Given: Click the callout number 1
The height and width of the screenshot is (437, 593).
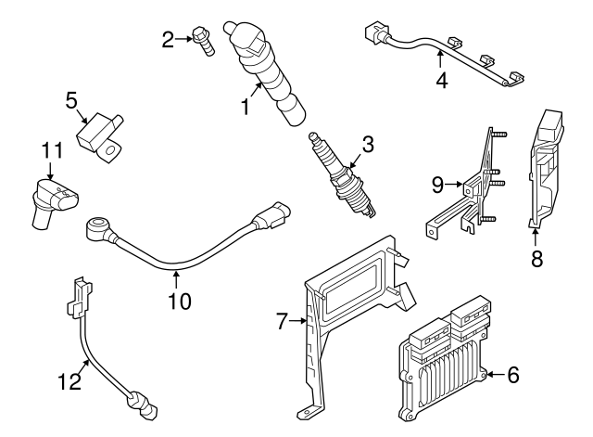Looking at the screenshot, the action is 246,107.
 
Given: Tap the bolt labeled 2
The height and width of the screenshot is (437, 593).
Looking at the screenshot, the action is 204,41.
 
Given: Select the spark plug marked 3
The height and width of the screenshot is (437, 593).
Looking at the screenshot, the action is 343,176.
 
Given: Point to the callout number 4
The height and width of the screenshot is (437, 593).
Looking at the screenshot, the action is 441,81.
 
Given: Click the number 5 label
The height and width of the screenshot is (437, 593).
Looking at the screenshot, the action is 71,101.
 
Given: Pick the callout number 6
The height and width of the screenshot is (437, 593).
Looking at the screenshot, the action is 512,375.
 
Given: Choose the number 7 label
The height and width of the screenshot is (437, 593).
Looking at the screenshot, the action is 282,321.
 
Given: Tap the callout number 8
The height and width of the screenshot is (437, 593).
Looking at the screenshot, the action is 536,259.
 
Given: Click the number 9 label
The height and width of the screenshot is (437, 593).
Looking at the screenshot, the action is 437,186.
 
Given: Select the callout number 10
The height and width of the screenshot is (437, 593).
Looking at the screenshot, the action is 180,301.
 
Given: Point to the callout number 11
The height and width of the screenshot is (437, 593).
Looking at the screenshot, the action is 52,150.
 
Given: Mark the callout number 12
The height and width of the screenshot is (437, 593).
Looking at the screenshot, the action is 70,381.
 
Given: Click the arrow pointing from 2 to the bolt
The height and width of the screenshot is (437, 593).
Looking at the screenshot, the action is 183,39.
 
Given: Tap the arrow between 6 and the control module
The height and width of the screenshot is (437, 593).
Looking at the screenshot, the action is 496,375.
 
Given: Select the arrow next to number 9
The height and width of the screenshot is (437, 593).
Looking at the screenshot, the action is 454,185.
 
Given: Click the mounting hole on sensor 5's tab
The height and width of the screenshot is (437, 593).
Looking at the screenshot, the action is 110,151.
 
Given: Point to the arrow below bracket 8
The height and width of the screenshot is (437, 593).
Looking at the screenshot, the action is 536,238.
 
